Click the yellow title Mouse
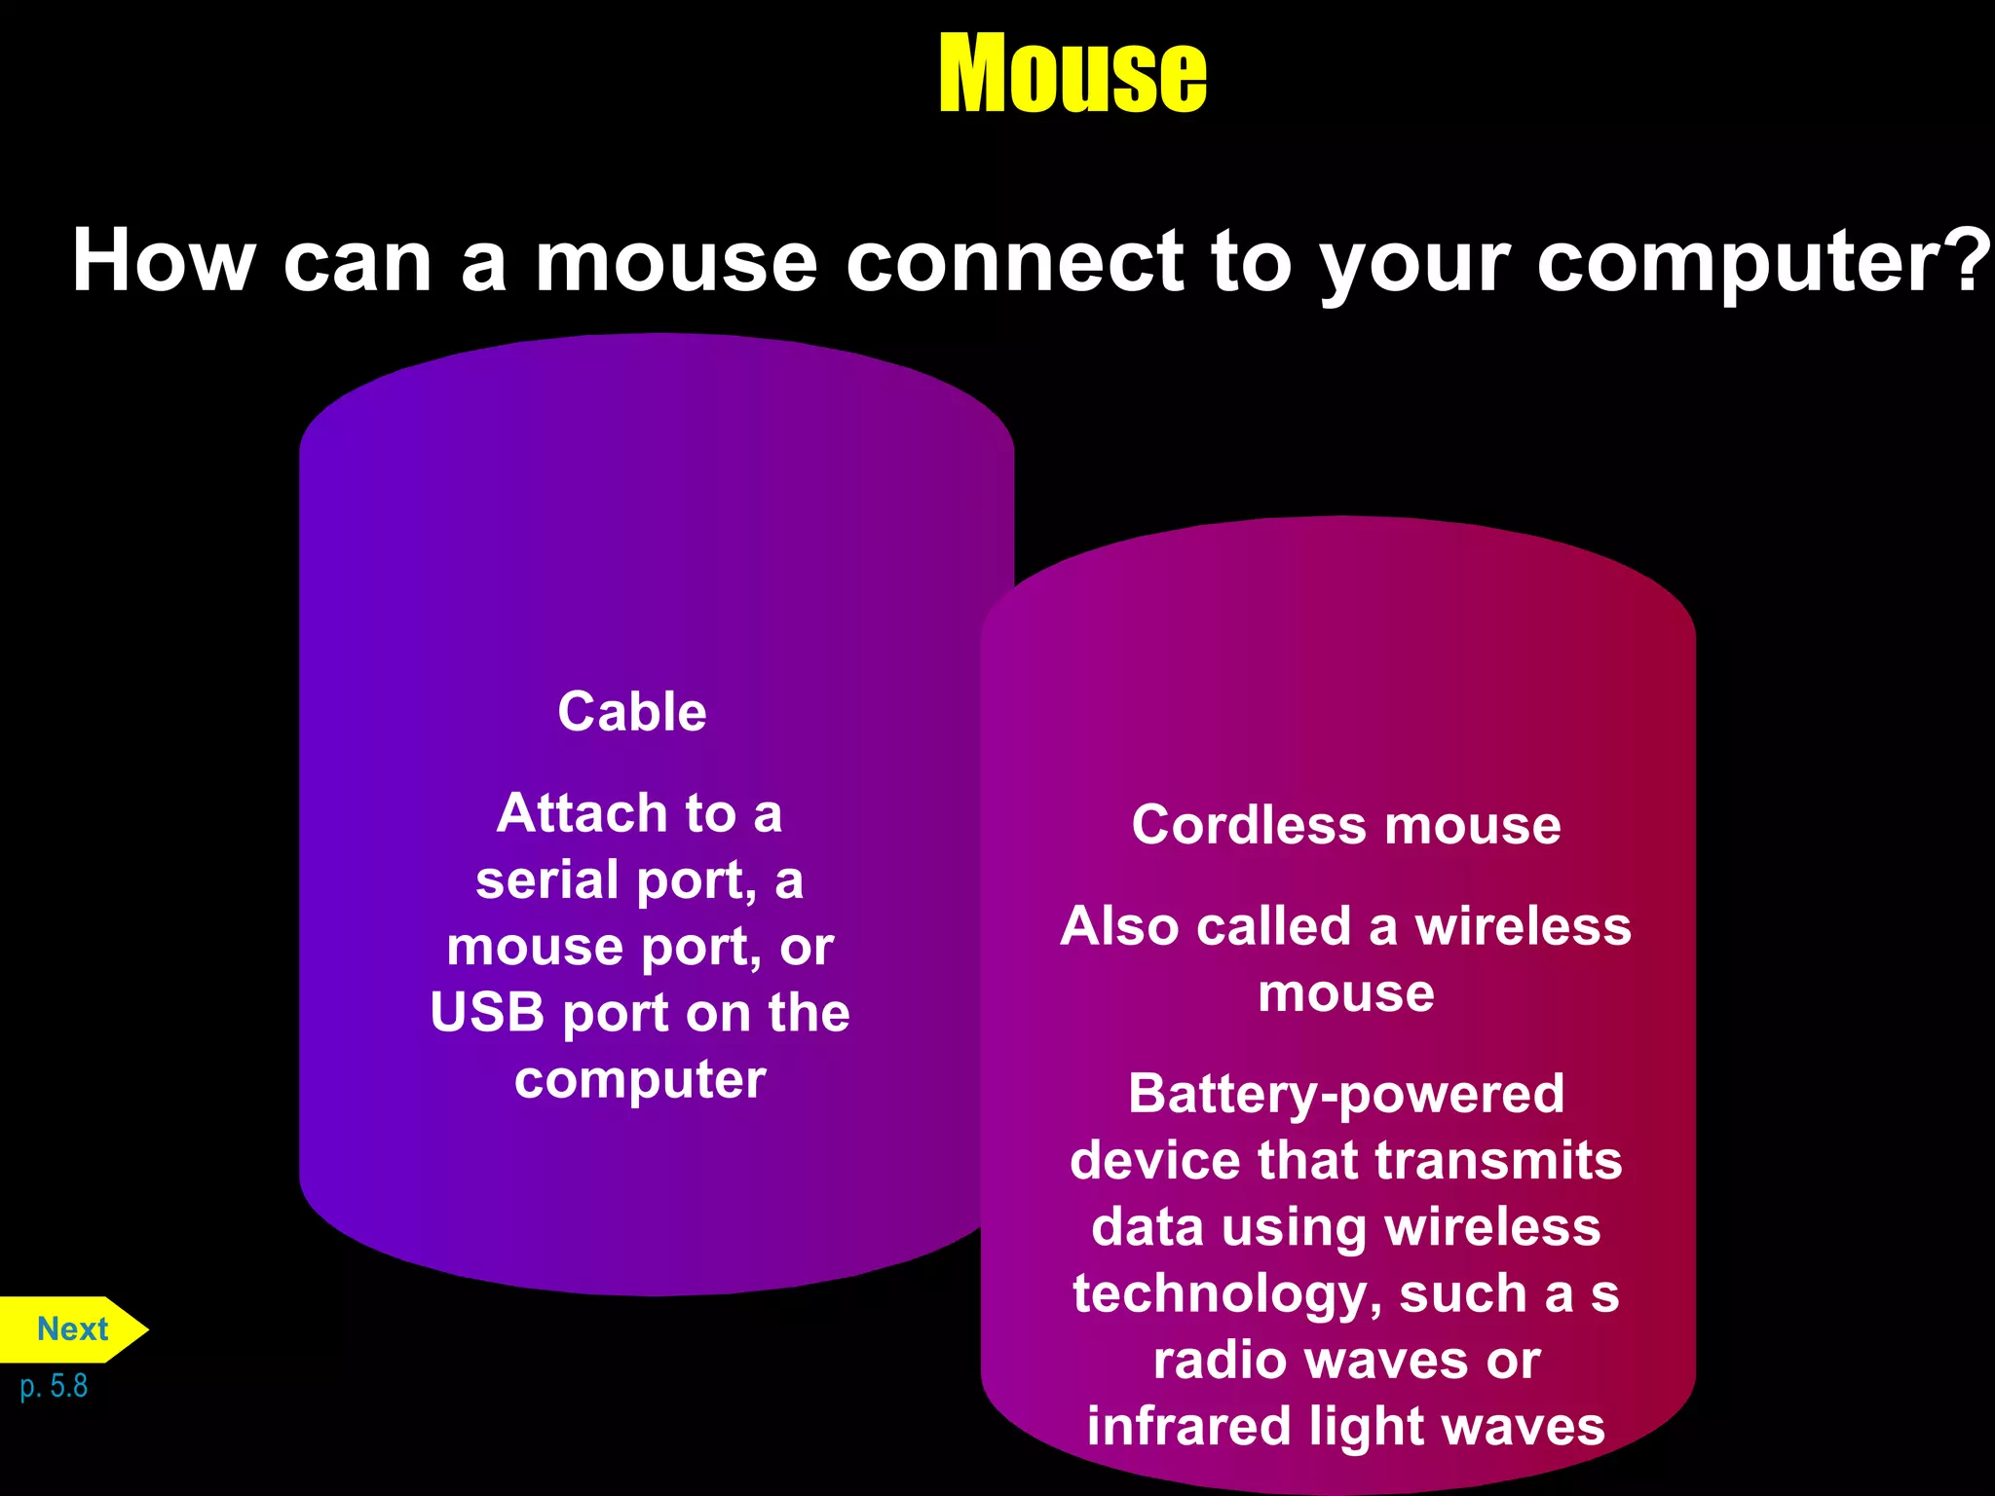click(1072, 73)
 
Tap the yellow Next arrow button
click(73, 1329)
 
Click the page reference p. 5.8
click(54, 1386)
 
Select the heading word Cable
click(632, 711)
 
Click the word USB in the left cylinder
click(487, 1013)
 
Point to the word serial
click(546, 879)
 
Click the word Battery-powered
click(1346, 1094)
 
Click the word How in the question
click(164, 261)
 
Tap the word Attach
click(582, 813)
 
